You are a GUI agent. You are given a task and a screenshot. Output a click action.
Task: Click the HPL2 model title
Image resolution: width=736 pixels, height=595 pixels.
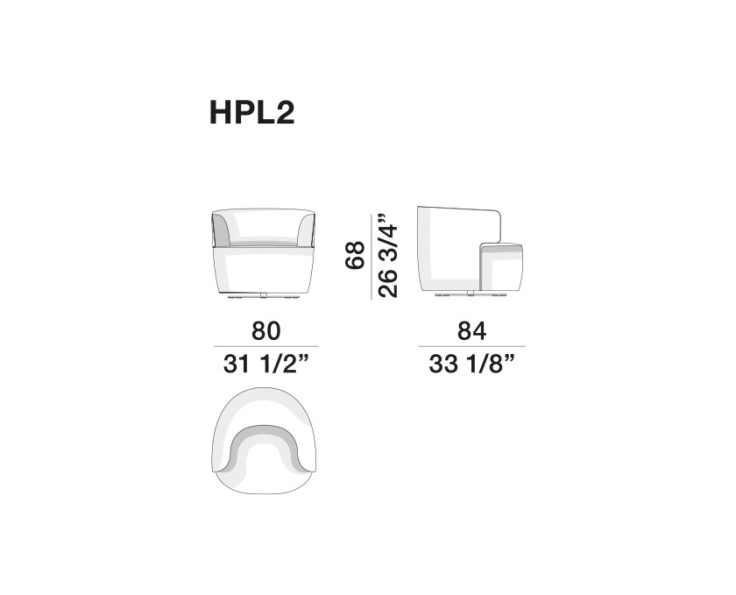pos(251,113)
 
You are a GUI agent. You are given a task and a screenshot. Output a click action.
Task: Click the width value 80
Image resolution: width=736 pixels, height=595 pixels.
pos(266,330)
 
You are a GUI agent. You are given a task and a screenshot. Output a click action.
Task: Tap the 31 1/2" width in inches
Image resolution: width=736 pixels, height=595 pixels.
pos(266,364)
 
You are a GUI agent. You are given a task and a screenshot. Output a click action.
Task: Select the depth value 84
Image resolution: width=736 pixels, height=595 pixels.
pos(471,330)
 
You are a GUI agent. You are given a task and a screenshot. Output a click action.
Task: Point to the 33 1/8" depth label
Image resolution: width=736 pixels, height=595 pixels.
pos(471,364)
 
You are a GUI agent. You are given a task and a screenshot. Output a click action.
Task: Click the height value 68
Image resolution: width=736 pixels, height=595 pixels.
pos(355,255)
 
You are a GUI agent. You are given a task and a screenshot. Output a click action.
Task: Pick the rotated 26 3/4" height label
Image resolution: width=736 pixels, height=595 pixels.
pos(388,256)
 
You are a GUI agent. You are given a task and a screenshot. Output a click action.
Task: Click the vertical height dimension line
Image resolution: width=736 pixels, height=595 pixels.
pos(372,257)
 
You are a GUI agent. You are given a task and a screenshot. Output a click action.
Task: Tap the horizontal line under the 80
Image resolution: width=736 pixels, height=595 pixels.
pos(266,347)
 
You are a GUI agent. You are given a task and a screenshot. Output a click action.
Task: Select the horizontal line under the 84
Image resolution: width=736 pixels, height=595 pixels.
pos(471,347)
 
